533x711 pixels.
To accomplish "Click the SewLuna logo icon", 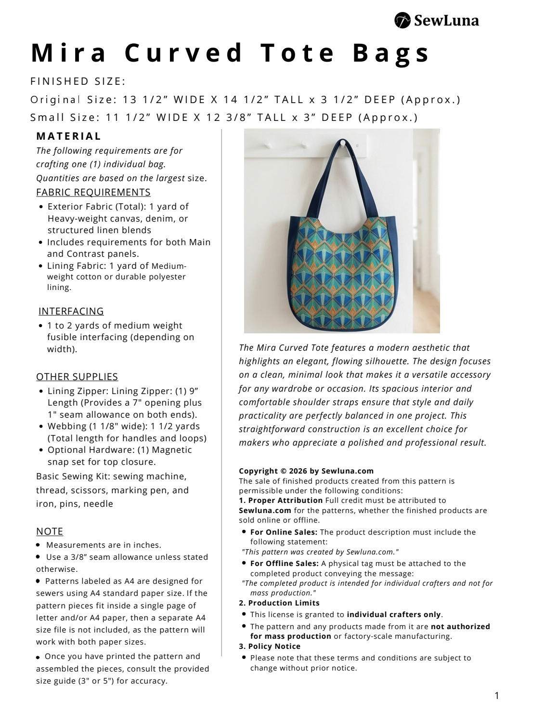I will coord(402,20).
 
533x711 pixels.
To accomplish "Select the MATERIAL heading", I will coord(69,136).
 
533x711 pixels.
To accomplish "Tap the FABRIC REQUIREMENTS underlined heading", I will coord(93,192).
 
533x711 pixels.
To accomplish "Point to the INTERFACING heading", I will coord(71,311).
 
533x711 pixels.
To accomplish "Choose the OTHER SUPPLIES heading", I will coord(77,377).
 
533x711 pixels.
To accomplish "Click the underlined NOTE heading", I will coord(50,531).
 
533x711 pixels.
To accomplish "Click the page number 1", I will coord(497,695).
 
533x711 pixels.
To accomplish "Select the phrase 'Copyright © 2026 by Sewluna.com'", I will coord(306,471).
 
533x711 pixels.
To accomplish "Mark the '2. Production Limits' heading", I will coord(279,603).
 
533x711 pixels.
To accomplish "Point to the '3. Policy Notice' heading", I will coord(270,646).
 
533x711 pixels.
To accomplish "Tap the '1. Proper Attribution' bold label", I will coord(281,500).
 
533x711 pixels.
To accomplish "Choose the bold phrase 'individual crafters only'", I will coord(394,614).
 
